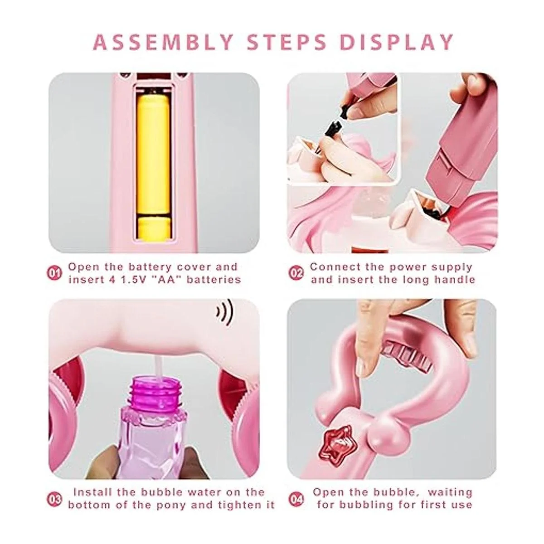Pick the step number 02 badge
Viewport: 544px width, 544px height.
click(x=296, y=273)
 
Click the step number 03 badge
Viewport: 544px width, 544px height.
click(x=54, y=500)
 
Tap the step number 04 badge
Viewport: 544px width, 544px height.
click(x=296, y=500)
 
